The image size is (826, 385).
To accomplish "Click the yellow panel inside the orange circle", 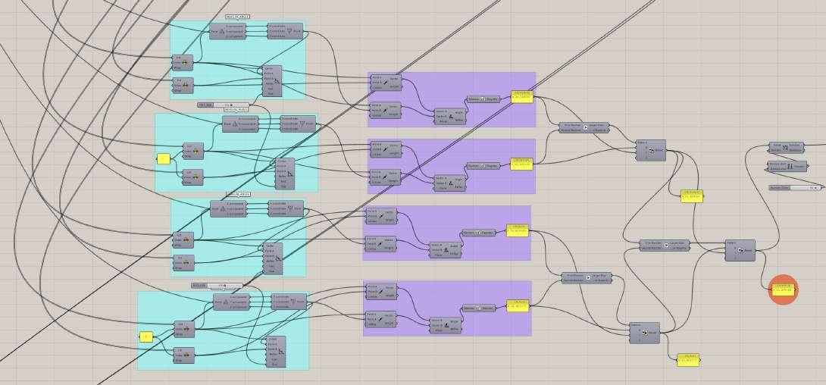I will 783,289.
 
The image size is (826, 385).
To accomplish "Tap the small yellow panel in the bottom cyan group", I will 146,336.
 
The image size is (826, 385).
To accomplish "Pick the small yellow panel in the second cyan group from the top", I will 162,158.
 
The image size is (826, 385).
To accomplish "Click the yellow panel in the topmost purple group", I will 522,96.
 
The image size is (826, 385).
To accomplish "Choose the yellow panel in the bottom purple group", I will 517,305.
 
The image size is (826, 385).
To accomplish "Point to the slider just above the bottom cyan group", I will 217,286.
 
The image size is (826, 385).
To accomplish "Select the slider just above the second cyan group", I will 223,105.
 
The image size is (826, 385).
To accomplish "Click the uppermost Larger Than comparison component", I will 584,127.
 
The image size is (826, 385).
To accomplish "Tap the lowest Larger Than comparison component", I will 587,278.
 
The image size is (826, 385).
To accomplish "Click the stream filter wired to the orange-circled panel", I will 740,249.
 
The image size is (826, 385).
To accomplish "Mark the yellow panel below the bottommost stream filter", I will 688,358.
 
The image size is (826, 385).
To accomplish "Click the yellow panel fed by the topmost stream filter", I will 692,196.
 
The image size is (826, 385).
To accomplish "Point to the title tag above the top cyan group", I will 237,17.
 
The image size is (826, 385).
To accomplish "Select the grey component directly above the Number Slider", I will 784,166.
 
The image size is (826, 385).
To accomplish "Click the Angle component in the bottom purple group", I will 443,324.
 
